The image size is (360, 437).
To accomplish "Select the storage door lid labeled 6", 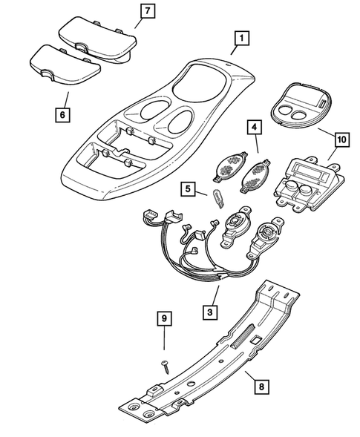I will click(x=65, y=67).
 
